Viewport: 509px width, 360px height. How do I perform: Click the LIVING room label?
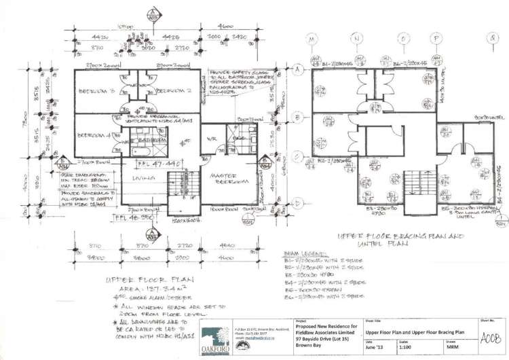click(138, 179)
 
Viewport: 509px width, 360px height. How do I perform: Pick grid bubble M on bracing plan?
click(313, 39)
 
